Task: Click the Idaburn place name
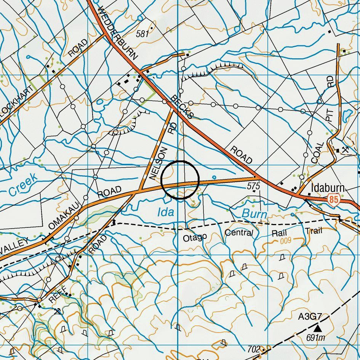point(328,188)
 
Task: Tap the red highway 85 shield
point(334,199)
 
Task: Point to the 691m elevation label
point(316,338)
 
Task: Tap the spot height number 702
point(253,349)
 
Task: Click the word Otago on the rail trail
point(195,238)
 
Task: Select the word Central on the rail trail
point(239,232)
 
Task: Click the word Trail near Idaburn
point(314,230)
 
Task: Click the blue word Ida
point(166,212)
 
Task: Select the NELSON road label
point(159,163)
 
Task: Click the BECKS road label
point(182,106)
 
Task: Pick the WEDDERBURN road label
point(117,34)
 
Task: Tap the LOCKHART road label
point(15,104)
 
